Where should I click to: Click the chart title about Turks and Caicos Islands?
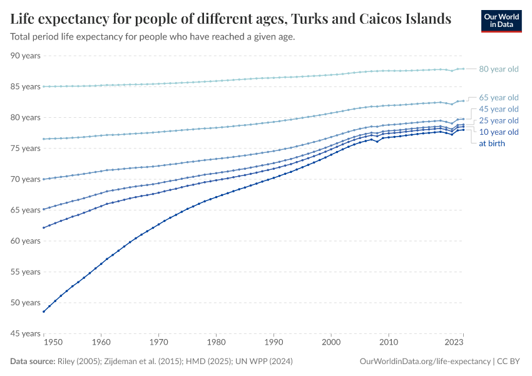pos(230,19)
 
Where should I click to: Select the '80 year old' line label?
pos(498,69)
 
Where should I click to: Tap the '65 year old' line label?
pos(498,97)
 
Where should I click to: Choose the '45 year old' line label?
pos(498,109)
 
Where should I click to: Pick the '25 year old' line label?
pos(498,120)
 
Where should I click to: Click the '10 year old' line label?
pos(498,132)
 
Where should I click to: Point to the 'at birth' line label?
pos(491,144)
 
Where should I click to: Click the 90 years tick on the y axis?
pos(26,56)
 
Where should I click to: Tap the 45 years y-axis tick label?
pos(26,333)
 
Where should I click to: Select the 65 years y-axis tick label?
pos(26,210)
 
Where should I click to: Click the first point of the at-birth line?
pos(43,311)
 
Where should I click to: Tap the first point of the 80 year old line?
pos(43,86)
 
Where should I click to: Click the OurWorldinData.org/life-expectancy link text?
pos(426,362)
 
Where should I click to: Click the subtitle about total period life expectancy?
pos(153,37)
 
